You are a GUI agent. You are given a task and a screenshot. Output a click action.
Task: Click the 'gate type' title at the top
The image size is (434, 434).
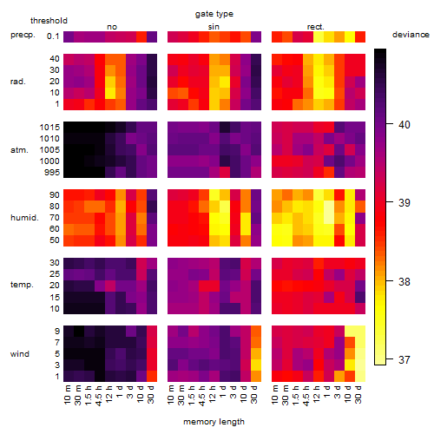point(214,14)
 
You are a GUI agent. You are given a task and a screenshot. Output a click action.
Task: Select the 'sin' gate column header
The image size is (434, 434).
point(214,27)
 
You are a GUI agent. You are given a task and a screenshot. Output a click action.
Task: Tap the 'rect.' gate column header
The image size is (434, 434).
point(316,27)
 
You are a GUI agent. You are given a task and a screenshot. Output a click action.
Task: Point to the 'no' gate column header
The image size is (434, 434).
point(112,27)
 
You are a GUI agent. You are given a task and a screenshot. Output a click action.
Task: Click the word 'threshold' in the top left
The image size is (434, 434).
point(49,21)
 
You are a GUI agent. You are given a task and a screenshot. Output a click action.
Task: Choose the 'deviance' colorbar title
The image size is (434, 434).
point(411,35)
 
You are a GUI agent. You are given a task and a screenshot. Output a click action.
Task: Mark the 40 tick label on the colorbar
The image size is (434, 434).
point(404,125)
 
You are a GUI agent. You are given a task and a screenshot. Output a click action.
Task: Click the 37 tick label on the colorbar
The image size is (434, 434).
point(404,360)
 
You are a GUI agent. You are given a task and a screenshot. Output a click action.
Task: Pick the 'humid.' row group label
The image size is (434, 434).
point(24,218)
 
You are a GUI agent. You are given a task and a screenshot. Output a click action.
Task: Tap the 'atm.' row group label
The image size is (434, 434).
point(19,150)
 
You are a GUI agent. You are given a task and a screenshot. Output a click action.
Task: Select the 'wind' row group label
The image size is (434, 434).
point(20,354)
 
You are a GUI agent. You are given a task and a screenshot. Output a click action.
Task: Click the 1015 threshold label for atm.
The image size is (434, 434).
point(49,127)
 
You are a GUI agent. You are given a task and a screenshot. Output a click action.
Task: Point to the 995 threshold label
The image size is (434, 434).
point(52,173)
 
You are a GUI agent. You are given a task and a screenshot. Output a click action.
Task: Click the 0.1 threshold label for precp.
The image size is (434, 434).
point(53,36)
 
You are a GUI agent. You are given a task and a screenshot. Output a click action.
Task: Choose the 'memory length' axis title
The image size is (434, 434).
point(214,422)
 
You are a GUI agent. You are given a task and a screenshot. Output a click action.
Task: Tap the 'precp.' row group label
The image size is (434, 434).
point(23,35)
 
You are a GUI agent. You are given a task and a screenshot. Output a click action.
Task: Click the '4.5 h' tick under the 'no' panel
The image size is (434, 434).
point(99,396)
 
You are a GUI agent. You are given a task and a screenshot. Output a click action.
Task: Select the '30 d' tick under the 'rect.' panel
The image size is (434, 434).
point(359,394)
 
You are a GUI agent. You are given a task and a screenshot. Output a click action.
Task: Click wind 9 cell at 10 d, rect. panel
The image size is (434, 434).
point(350,331)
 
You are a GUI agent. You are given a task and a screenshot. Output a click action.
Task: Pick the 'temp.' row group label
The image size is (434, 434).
point(22,285)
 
